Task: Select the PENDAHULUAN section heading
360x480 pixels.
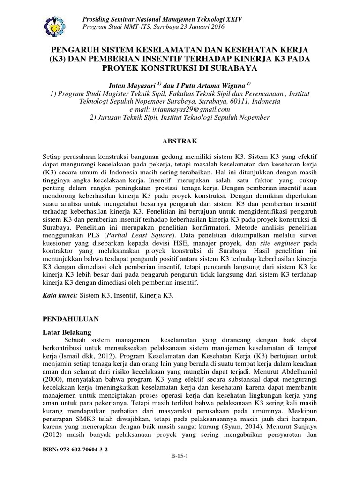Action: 70,318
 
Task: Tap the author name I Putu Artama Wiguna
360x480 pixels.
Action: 210,84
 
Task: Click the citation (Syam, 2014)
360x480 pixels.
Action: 247,427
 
